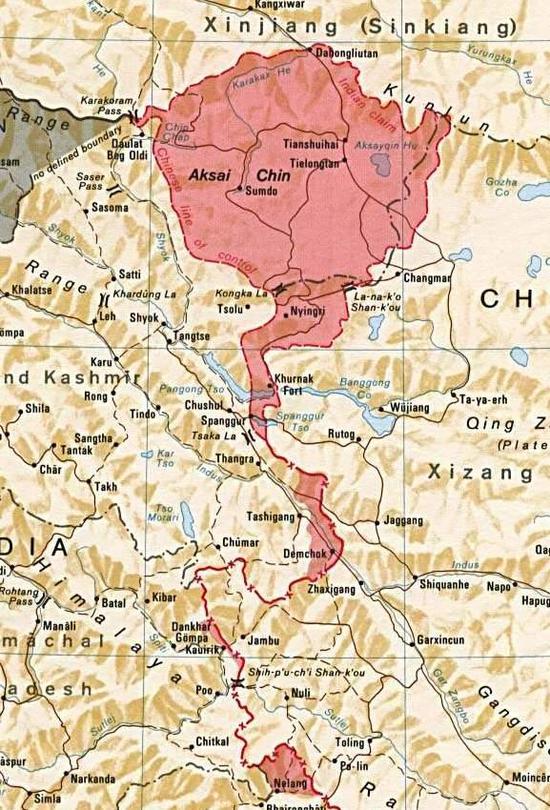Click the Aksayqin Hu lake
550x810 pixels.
(x=383, y=166)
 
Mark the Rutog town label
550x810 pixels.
(x=343, y=434)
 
